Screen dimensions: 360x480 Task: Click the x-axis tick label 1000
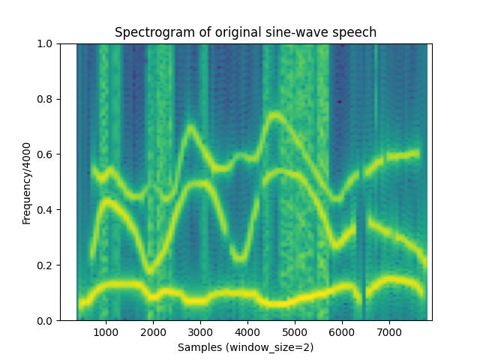pos(106,332)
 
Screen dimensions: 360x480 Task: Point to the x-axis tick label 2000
pos(153,332)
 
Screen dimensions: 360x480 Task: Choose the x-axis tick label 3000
pos(200,332)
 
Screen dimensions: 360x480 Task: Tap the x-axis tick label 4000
pos(247,332)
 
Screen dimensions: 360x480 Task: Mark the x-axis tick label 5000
pos(295,332)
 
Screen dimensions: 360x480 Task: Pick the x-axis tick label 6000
pos(342,332)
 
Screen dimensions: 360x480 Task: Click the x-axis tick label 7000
pos(389,332)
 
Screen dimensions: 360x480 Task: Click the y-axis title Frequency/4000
pos(26,182)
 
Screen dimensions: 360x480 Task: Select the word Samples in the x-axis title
pos(198,347)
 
